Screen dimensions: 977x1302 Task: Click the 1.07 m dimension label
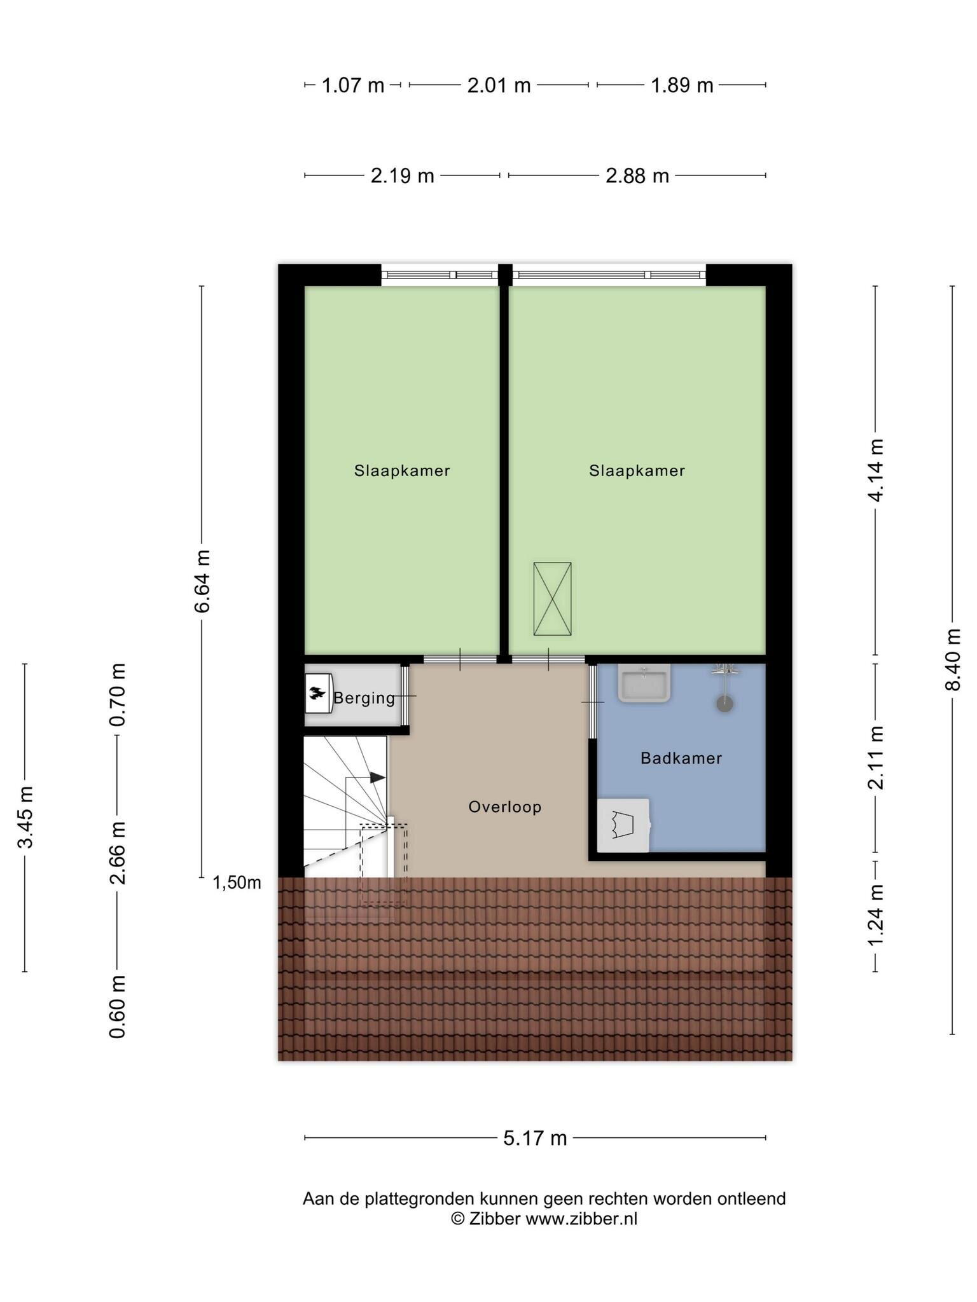coord(353,85)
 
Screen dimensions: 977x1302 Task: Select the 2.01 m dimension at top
coord(499,85)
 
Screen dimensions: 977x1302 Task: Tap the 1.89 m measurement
coord(682,85)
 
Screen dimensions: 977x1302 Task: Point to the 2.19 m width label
coord(403,175)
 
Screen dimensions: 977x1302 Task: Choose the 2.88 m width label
coord(637,175)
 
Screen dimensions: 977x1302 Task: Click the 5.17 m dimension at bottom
coord(535,1138)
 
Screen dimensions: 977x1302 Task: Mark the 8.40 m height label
coord(952,659)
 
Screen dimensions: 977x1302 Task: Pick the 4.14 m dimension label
coord(876,470)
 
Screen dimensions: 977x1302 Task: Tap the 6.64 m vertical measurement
coord(202,581)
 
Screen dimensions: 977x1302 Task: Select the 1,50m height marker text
coord(237,882)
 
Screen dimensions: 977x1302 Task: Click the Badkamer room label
coord(681,758)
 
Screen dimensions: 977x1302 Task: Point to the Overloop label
coord(505,807)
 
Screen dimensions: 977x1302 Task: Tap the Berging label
coord(364,698)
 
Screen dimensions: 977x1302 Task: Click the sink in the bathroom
coord(644,683)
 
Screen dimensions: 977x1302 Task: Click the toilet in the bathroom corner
coord(623,825)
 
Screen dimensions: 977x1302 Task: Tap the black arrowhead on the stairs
coord(378,778)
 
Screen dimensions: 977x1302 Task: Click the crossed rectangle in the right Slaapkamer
coord(552,599)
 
